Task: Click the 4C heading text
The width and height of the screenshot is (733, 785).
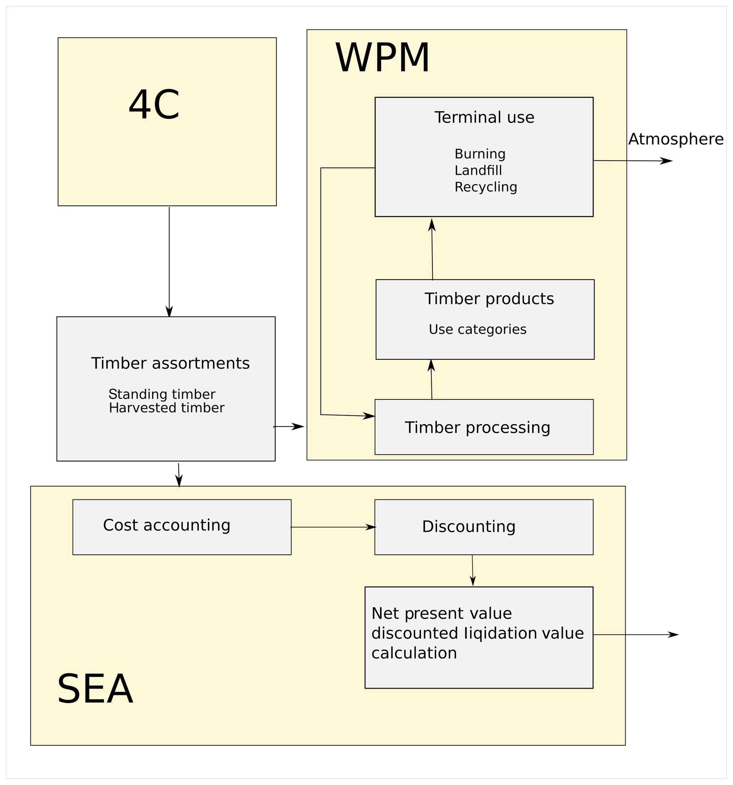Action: click(x=154, y=105)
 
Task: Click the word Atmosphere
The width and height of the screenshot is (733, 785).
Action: click(x=675, y=139)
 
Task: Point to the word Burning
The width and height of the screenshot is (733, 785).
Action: click(x=479, y=154)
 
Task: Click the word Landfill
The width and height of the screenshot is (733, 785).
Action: click(x=478, y=171)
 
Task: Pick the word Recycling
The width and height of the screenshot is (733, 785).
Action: click(x=485, y=187)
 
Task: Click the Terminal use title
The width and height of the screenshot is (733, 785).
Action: click(x=484, y=118)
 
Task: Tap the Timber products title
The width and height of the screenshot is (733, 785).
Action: click(x=489, y=299)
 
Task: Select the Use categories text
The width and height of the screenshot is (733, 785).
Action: click(x=477, y=329)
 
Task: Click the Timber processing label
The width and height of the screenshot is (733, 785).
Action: click(x=477, y=428)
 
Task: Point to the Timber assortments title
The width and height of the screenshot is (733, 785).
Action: click(x=170, y=363)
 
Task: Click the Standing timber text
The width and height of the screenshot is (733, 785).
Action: click(x=162, y=394)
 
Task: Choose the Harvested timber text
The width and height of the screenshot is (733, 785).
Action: click(x=166, y=408)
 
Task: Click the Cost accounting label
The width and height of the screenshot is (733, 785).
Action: click(x=167, y=525)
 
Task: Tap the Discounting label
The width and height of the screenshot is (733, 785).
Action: click(x=468, y=527)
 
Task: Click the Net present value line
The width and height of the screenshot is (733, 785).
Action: click(x=441, y=613)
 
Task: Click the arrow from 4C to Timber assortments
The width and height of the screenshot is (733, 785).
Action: click(x=170, y=261)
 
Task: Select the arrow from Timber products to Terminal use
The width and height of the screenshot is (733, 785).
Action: click(x=432, y=249)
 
